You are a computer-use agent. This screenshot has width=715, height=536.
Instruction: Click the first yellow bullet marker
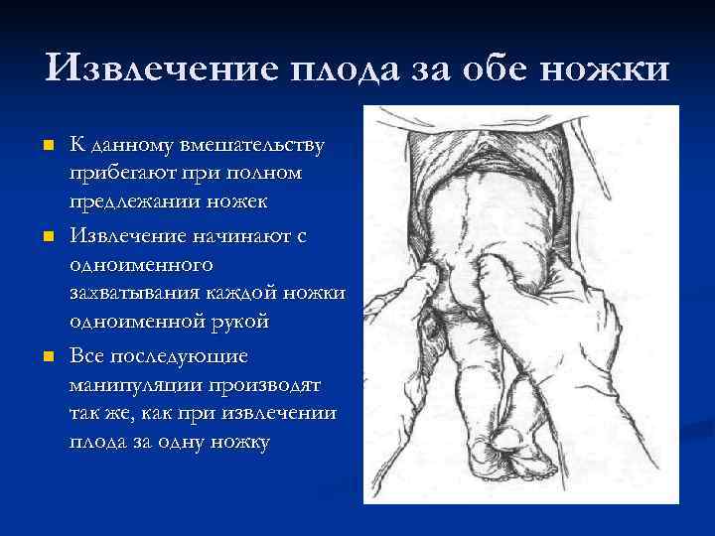click(46, 147)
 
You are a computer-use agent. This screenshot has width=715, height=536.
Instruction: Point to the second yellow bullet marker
click(46, 238)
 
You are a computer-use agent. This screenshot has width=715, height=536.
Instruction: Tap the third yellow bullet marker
click(46, 354)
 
